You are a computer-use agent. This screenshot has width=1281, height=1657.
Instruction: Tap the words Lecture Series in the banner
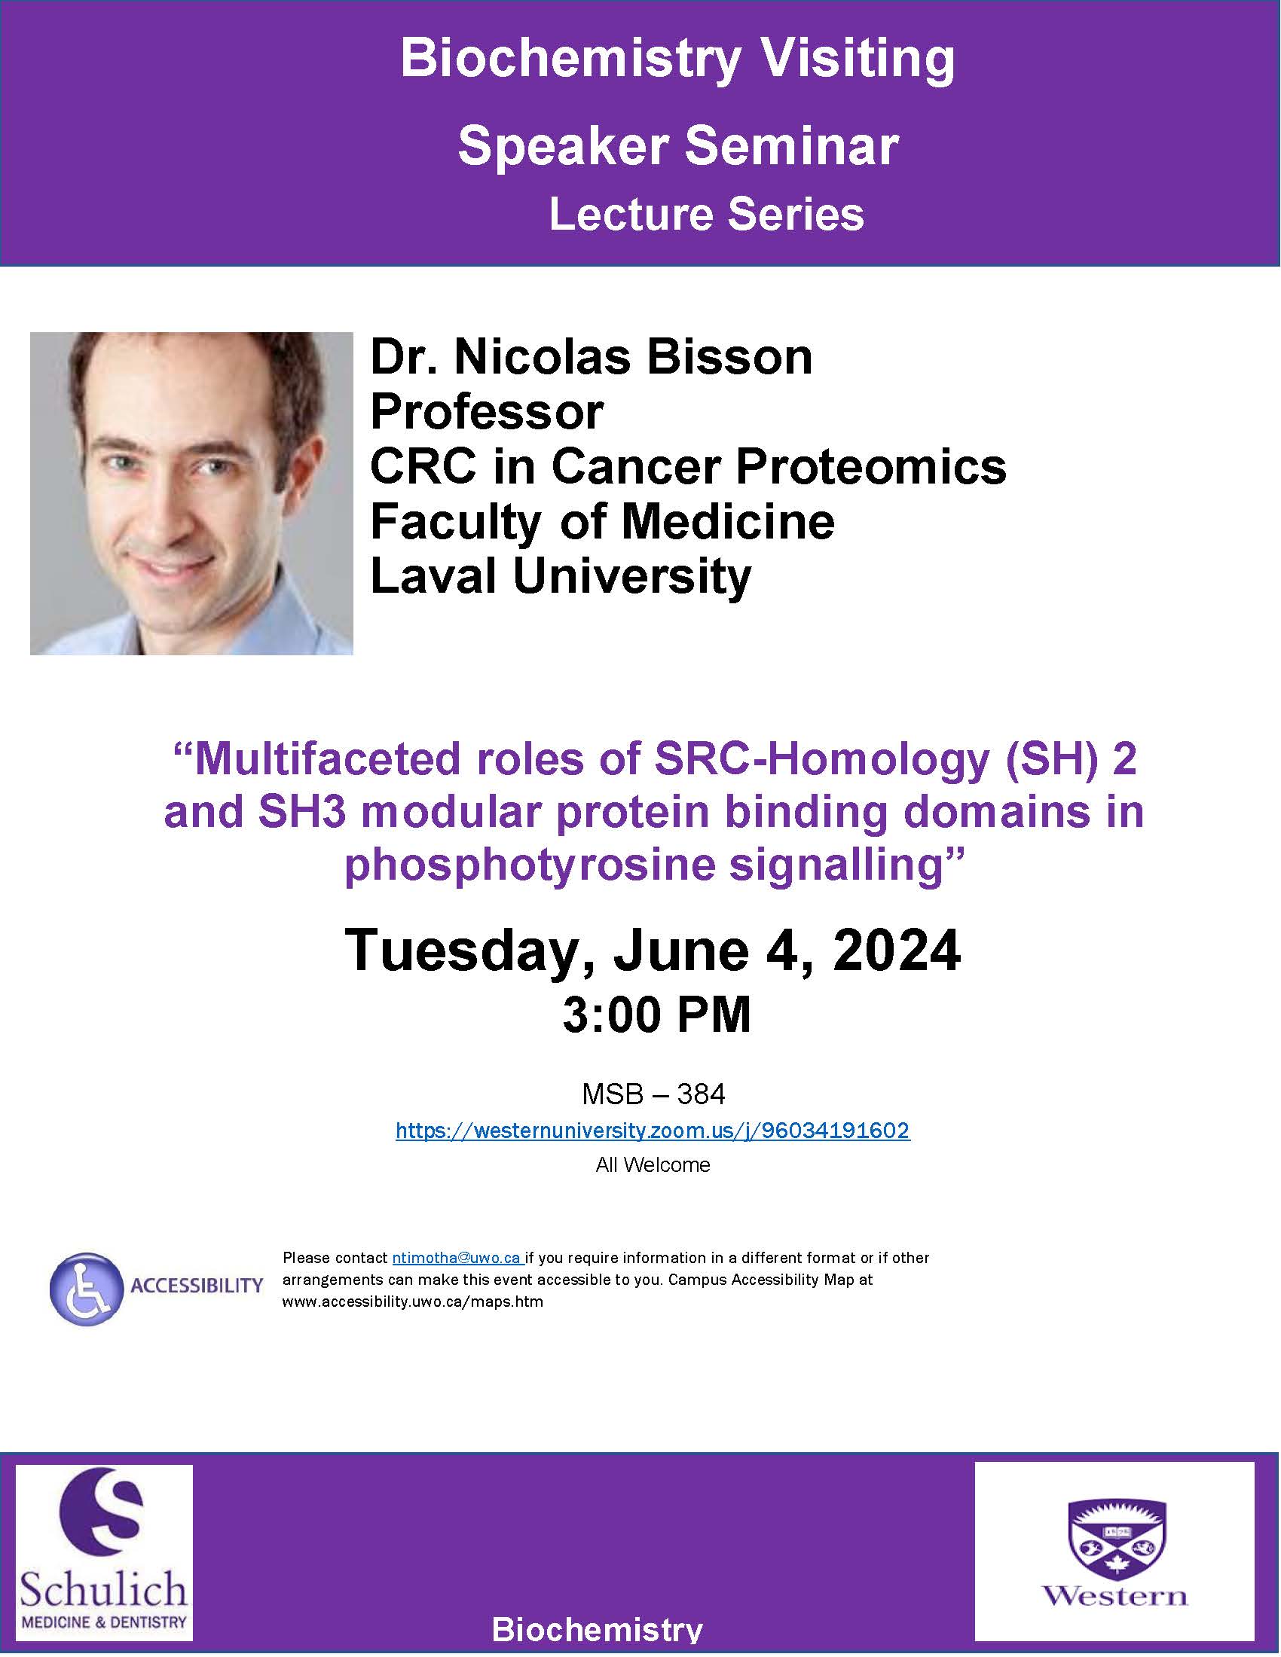[707, 214]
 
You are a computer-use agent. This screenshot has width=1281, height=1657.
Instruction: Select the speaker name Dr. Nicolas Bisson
[592, 356]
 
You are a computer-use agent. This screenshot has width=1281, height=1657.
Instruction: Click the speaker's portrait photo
[191, 493]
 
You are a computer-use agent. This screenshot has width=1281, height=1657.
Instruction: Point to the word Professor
[487, 412]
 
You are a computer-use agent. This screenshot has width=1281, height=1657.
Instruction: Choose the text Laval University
[561, 577]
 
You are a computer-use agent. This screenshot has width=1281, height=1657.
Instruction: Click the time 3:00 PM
[656, 1015]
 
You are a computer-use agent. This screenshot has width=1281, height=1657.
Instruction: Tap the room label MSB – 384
[653, 1094]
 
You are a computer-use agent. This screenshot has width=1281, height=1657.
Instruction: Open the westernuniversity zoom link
[653, 1131]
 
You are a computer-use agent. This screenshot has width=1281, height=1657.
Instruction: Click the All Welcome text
[653, 1165]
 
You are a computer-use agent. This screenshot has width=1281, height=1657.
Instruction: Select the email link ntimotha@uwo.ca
[456, 1258]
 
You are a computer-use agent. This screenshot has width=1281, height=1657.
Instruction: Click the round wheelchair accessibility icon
[87, 1289]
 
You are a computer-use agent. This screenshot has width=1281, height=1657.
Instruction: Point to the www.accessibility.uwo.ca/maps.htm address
[413, 1302]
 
